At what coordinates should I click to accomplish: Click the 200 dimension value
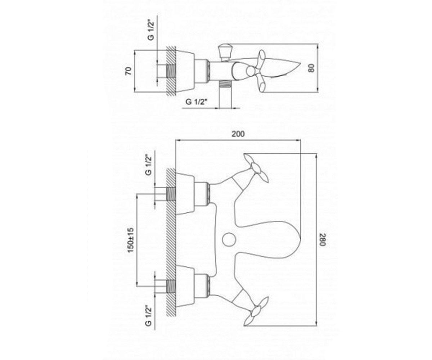[238, 134]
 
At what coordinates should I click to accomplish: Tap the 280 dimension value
[323, 239]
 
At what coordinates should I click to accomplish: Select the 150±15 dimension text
[131, 240]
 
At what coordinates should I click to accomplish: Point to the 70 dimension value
[129, 71]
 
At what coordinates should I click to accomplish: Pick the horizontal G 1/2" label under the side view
[196, 102]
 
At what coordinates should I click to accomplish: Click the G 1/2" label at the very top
[152, 31]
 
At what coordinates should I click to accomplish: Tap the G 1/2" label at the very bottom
[149, 316]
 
